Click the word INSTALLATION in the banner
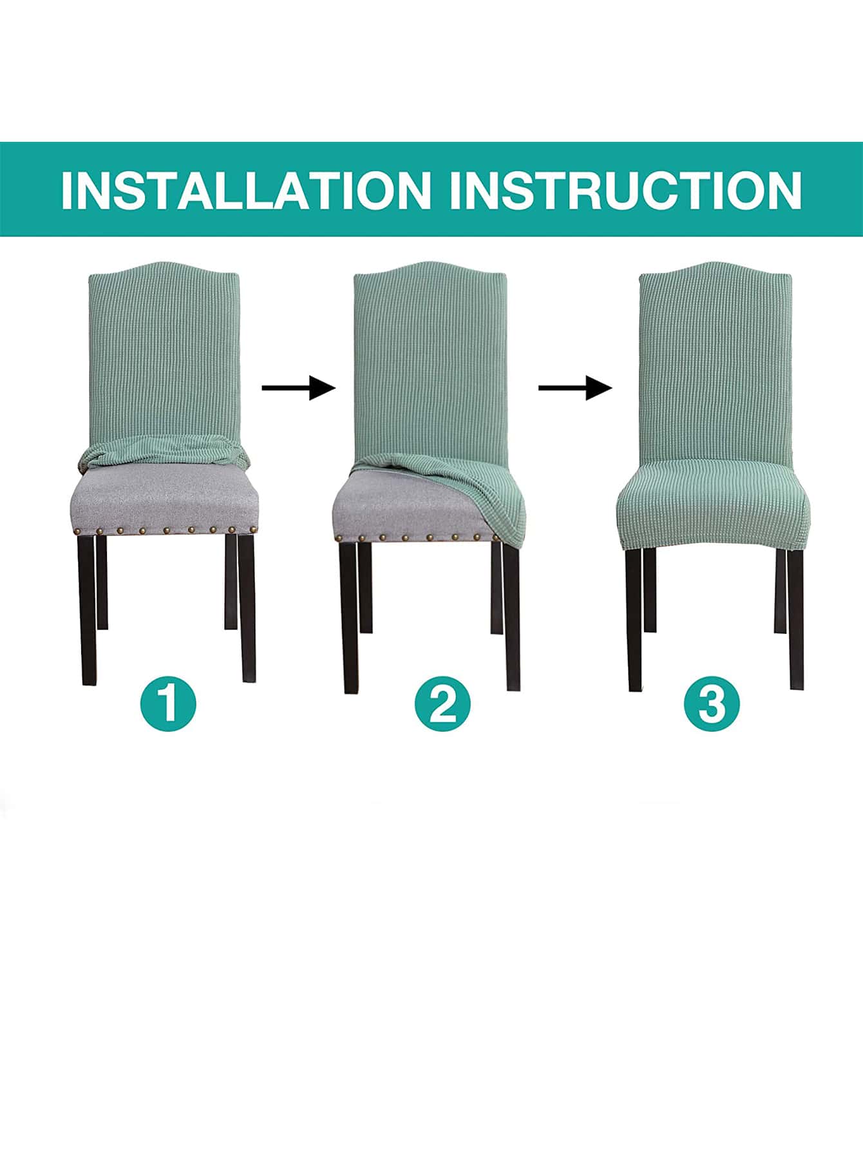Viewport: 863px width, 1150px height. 245,189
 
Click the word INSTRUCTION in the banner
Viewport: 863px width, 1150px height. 625,189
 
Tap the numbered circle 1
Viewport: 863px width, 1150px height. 168,702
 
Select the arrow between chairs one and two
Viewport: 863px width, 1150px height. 299,388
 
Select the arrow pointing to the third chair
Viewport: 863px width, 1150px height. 575,388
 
